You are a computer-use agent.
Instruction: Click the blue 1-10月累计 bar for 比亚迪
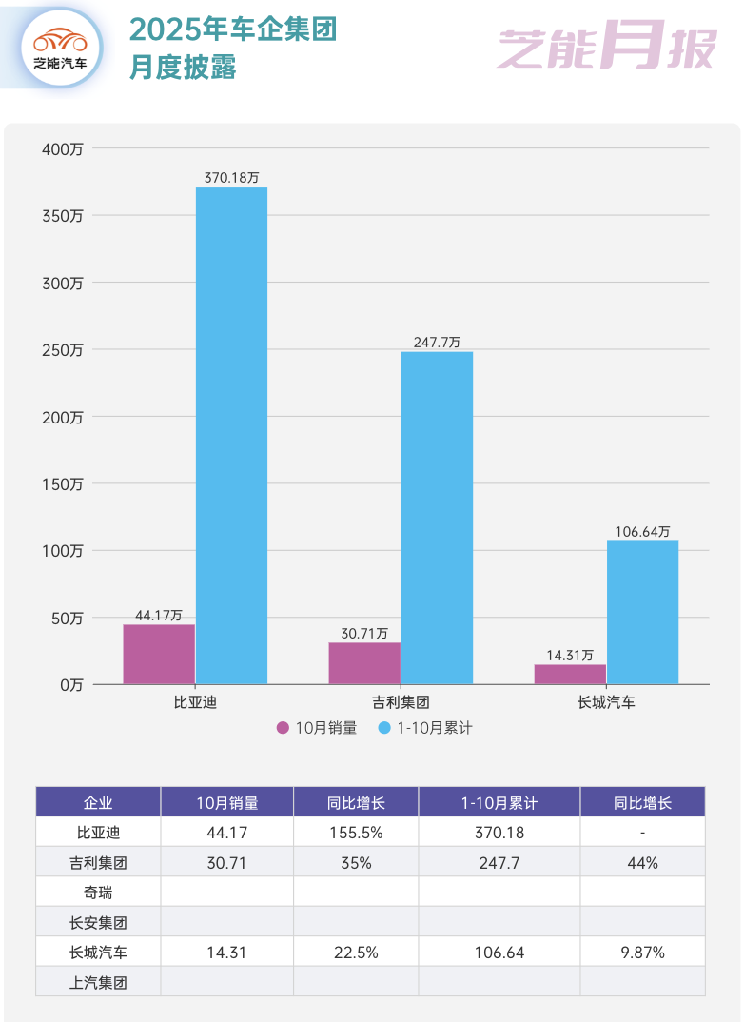click(231, 436)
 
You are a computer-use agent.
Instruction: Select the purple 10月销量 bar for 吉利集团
click(364, 663)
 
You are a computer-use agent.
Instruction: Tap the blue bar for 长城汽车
click(642, 612)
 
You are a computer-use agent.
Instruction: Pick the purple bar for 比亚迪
click(159, 654)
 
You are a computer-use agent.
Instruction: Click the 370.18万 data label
click(231, 177)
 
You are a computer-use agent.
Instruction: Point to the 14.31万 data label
click(570, 655)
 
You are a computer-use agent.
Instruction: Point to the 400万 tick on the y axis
click(63, 148)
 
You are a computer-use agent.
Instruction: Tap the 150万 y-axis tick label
click(63, 483)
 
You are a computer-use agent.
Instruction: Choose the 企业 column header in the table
click(98, 802)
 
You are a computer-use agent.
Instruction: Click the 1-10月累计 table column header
click(499, 802)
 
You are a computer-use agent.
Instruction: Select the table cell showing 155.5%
click(356, 833)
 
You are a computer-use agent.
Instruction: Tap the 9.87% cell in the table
click(642, 952)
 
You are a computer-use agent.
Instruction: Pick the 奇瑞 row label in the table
click(98, 892)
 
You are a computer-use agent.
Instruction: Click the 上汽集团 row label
click(98, 982)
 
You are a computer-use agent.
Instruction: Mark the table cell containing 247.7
click(499, 862)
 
